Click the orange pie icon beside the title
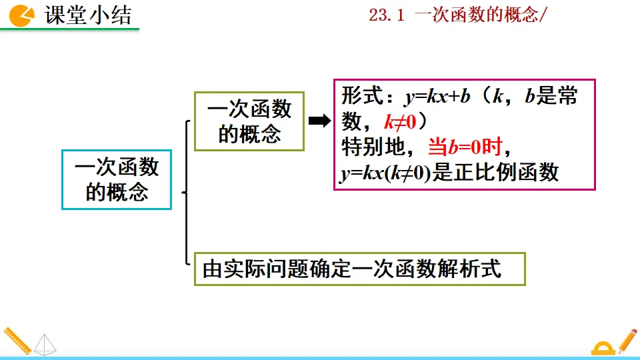(x=22, y=14)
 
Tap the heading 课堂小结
(x=87, y=15)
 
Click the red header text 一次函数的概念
(x=475, y=15)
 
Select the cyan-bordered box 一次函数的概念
(x=117, y=179)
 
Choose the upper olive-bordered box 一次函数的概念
(x=249, y=121)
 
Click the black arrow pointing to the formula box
(x=320, y=121)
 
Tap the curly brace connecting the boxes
(x=187, y=193)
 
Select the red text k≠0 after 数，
(x=400, y=122)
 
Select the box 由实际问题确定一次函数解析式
(x=359, y=269)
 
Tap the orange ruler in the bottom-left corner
(x=17, y=341)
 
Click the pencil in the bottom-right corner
(x=627, y=340)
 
